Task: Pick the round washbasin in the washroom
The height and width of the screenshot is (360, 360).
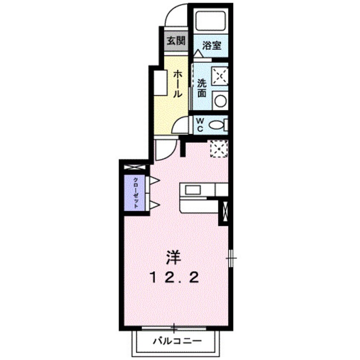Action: (x=220, y=101)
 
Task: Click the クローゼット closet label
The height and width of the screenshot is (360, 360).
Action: (x=135, y=192)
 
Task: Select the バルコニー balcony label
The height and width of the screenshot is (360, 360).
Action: (x=174, y=341)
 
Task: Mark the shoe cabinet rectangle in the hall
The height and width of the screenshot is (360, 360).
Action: (x=161, y=83)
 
